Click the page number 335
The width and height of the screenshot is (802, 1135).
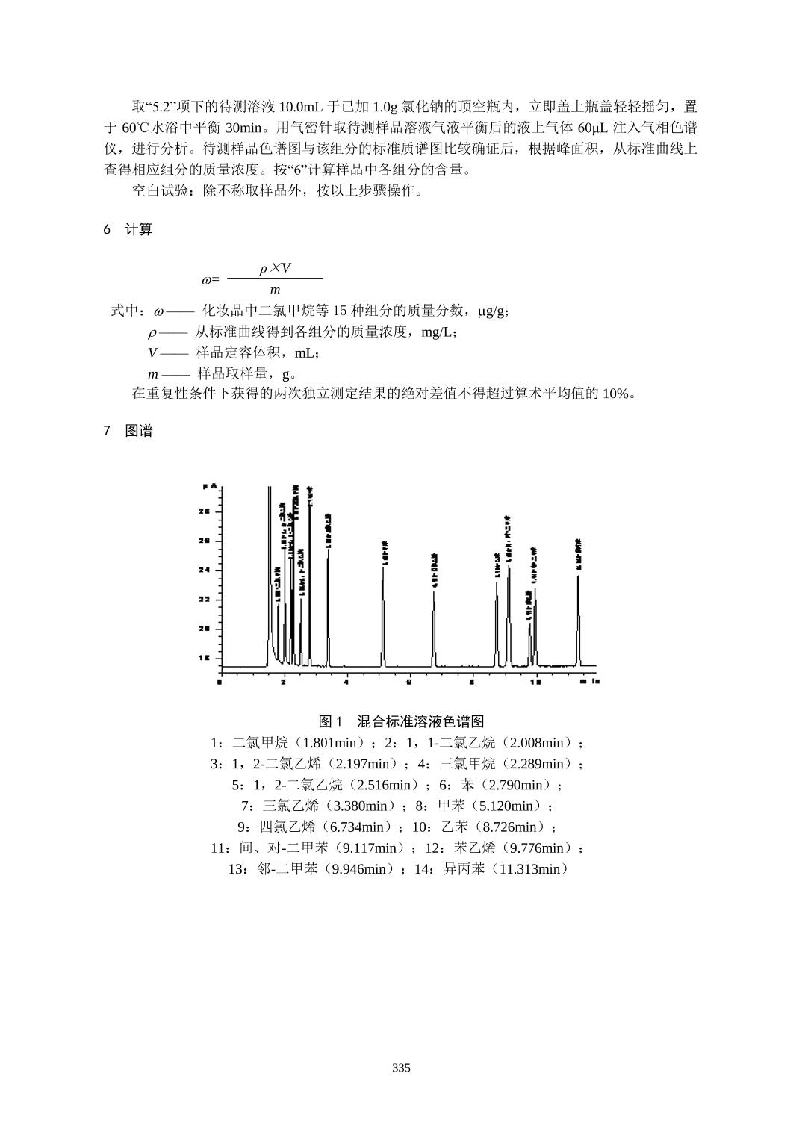401,1068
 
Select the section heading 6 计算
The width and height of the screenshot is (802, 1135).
128,230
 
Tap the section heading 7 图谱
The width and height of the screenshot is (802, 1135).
128,431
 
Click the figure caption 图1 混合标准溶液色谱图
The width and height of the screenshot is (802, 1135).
401,721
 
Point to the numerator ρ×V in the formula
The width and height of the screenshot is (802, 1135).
275,268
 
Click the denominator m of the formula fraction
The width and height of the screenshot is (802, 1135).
275,290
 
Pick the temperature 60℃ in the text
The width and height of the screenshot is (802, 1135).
135,128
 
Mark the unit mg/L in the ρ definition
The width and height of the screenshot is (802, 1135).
438,332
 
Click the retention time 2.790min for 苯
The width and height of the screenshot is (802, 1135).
519,785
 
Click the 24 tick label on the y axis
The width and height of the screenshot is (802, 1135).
205,570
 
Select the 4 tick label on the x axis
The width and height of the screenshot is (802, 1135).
346,681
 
